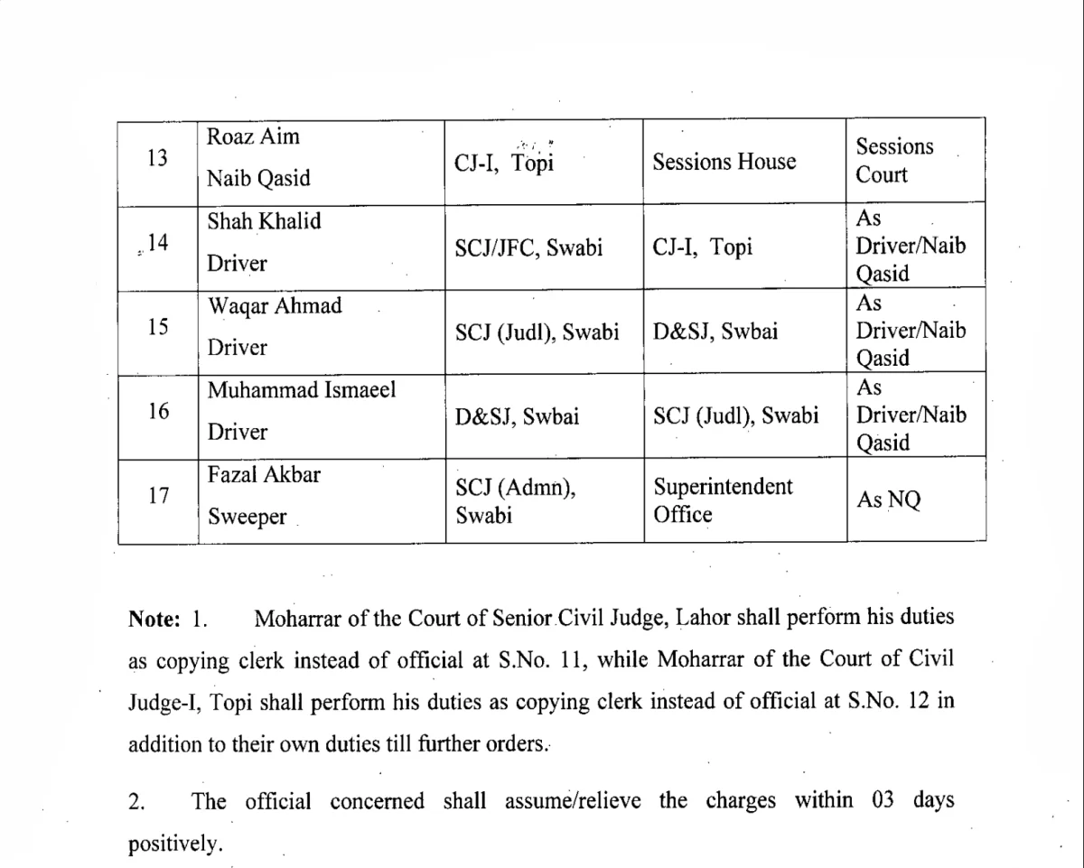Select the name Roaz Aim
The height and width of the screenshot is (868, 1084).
click(253, 137)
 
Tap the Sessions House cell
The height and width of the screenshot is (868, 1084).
click(724, 162)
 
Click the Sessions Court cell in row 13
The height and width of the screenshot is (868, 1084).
click(894, 160)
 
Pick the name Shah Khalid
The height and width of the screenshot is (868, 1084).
click(264, 221)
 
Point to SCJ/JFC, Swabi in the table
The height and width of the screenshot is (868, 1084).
click(528, 247)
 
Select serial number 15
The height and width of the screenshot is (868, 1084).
click(157, 326)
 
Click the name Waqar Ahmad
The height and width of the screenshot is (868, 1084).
click(275, 306)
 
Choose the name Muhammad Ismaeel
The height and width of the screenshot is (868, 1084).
click(302, 391)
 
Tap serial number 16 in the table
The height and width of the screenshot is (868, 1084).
click(157, 411)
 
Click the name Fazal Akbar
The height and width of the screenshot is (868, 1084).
click(264, 474)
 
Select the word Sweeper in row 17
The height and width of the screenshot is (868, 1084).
click(247, 518)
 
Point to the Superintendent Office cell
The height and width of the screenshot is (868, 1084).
click(723, 499)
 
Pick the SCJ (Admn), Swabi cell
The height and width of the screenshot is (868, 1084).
click(515, 500)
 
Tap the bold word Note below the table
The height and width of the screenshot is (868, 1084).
click(155, 620)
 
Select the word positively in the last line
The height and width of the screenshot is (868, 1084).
click(174, 845)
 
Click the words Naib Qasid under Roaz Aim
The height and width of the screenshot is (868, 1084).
click(258, 178)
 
